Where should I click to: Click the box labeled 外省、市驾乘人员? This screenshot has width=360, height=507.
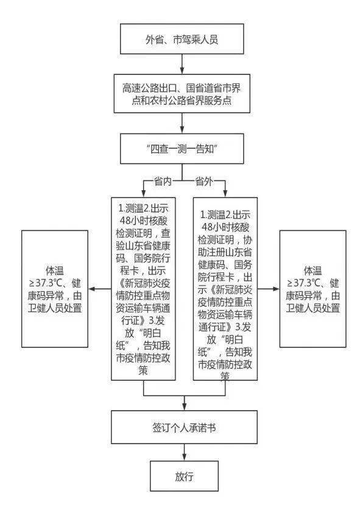[x=182, y=39]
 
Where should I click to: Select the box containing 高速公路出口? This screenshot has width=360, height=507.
[x=182, y=94]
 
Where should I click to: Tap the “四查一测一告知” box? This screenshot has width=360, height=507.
[x=182, y=149]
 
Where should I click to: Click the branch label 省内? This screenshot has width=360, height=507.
[x=163, y=182]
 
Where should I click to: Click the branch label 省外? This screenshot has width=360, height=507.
[x=204, y=182]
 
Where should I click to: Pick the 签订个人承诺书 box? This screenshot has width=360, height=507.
[x=184, y=427]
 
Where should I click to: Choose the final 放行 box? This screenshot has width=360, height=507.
[x=184, y=476]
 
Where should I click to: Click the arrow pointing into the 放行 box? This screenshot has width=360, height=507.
[x=184, y=452]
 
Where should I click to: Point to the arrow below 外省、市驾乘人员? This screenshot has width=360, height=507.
[x=182, y=65]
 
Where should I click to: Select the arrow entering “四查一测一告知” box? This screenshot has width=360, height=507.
[x=182, y=123]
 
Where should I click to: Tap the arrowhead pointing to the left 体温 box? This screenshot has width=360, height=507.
[x=92, y=289]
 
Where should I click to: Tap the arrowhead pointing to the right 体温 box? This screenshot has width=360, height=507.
[x=276, y=289]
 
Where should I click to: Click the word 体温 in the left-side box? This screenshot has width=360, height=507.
[x=55, y=271]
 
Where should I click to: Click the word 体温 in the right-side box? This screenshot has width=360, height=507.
[x=313, y=271]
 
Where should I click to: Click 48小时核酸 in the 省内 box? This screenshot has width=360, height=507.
[x=144, y=221]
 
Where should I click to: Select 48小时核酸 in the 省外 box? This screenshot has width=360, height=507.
[x=225, y=227]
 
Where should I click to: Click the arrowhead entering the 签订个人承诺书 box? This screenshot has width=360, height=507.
[x=184, y=407]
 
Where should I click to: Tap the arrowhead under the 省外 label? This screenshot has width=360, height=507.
[x=225, y=193]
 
